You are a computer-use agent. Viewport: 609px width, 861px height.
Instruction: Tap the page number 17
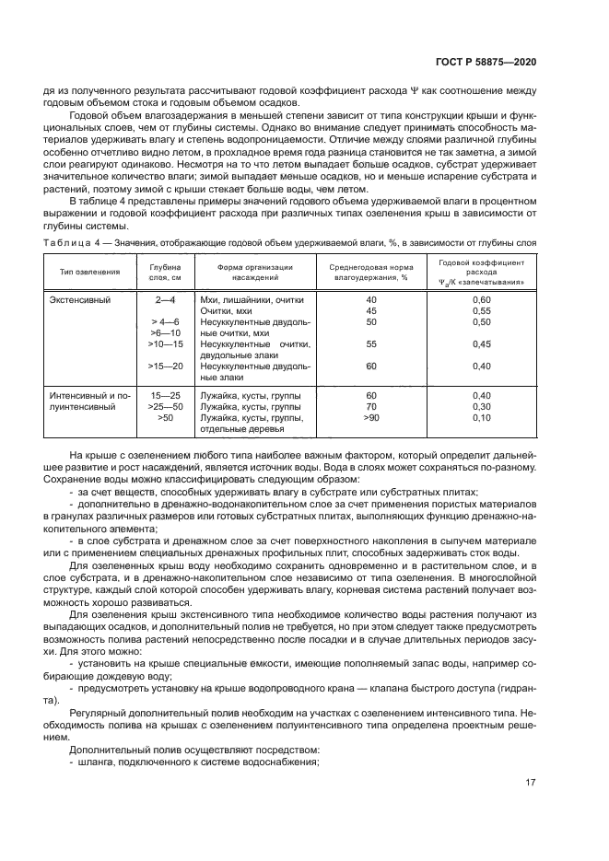pos(530,784)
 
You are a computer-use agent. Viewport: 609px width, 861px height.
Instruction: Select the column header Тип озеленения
pos(90,272)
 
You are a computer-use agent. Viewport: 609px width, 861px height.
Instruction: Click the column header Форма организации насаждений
pos(254,272)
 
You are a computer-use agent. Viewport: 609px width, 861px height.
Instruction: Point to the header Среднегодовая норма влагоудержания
pos(371,272)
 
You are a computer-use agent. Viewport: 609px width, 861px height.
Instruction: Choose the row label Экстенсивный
pos(78,300)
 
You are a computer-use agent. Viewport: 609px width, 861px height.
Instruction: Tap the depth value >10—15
pos(166,343)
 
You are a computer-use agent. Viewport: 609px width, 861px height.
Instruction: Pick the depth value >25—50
pos(166,406)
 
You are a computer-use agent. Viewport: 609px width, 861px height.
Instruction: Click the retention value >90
pos(371,417)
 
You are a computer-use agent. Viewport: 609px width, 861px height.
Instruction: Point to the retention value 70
pos(371,406)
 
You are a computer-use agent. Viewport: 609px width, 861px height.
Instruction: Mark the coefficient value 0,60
pos(481,300)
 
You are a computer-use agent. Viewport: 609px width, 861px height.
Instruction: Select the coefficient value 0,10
pos(481,417)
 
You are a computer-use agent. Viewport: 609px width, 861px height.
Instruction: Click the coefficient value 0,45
pos(481,343)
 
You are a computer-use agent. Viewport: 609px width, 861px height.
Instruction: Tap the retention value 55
pos(371,343)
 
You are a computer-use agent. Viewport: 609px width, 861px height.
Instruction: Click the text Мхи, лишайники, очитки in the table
pos(252,300)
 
